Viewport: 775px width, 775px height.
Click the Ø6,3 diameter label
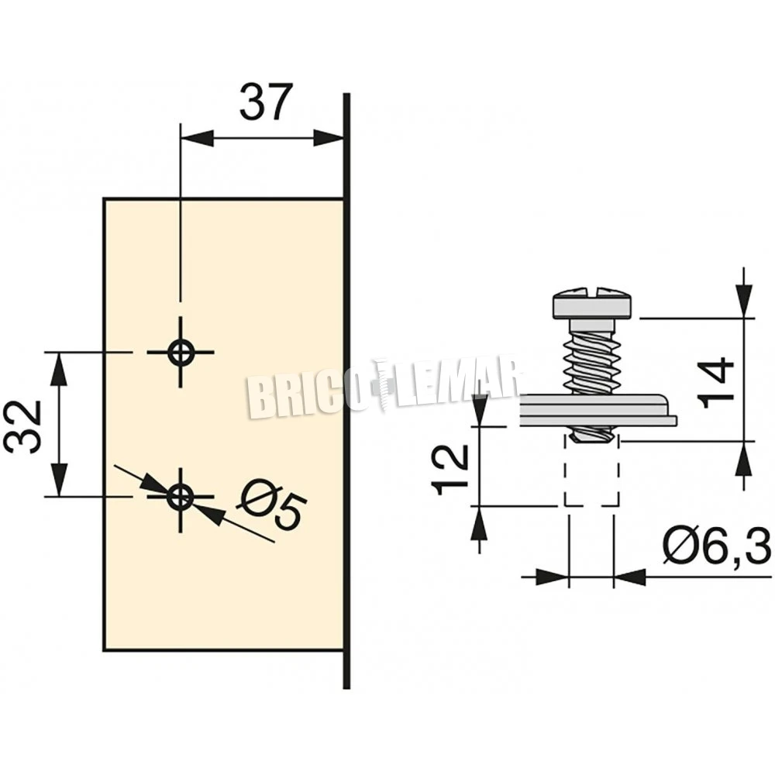717,546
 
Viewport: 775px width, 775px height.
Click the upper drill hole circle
181,353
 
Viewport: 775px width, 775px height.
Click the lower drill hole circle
181,496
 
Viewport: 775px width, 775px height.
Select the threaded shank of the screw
592,356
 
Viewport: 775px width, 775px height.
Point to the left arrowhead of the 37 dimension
197,138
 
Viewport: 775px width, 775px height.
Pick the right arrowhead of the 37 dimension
328,138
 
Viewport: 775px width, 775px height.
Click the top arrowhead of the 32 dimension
59,369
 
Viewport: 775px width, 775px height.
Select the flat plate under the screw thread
598,410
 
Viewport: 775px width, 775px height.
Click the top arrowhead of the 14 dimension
744,301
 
